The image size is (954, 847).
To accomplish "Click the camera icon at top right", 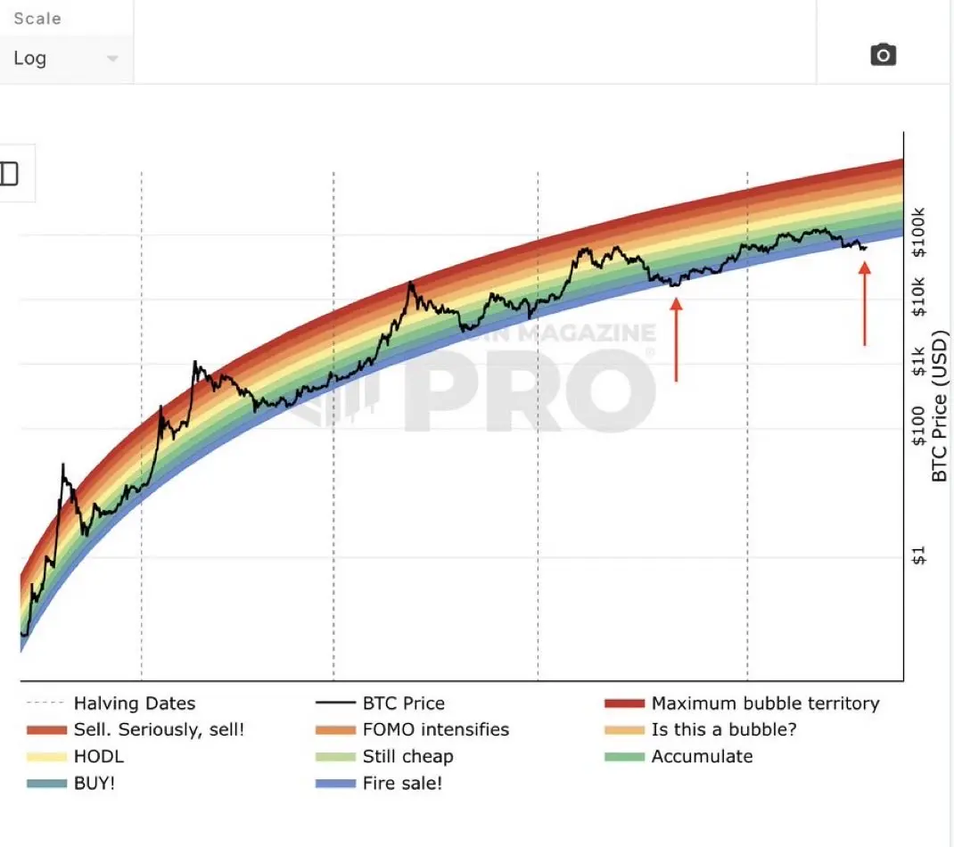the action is click(x=883, y=54).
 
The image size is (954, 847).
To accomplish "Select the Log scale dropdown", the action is click(x=66, y=59).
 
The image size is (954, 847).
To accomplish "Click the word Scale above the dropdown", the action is click(x=37, y=18).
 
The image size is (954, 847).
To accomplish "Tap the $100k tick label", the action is click(x=918, y=233).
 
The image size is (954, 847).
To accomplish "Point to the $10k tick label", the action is click(x=918, y=297).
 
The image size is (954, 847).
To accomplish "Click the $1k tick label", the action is click(x=918, y=361).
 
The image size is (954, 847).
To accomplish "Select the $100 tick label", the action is click(x=918, y=425).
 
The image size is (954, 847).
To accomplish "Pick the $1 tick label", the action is click(x=918, y=555).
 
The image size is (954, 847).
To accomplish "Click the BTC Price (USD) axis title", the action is click(x=940, y=406).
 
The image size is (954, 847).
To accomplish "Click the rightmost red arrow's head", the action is click(x=865, y=268).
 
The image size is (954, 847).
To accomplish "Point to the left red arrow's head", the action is click(x=676, y=304).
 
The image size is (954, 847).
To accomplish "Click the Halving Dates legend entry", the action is click(x=111, y=703).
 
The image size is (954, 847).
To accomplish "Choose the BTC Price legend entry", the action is click(x=380, y=703).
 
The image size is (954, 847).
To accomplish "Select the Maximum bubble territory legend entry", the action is click(x=743, y=703).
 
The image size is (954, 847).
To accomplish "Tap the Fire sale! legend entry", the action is click(x=378, y=783).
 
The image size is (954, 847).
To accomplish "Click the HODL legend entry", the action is click(x=76, y=756).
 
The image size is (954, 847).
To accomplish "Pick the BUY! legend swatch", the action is click(x=46, y=784).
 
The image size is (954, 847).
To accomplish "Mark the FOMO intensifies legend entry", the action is click(x=413, y=729).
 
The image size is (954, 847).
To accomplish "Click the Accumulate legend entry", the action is click(x=678, y=756).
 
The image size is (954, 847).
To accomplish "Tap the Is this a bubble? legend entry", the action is click(x=700, y=729).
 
